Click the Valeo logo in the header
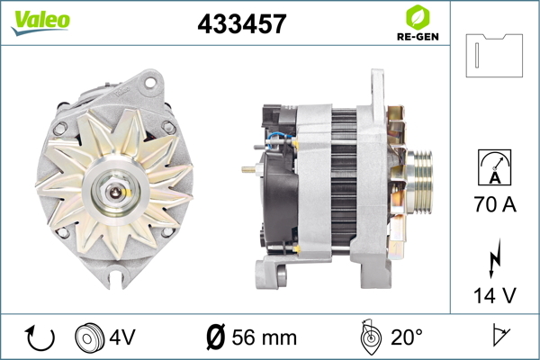(x=40, y=22)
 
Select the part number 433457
(x=242, y=23)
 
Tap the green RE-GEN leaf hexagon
(x=418, y=17)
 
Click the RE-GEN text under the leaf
(x=418, y=37)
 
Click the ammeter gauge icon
(x=494, y=167)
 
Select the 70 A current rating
(x=495, y=204)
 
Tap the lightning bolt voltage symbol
(x=494, y=258)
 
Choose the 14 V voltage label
(x=495, y=295)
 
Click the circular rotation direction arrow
(x=40, y=337)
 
